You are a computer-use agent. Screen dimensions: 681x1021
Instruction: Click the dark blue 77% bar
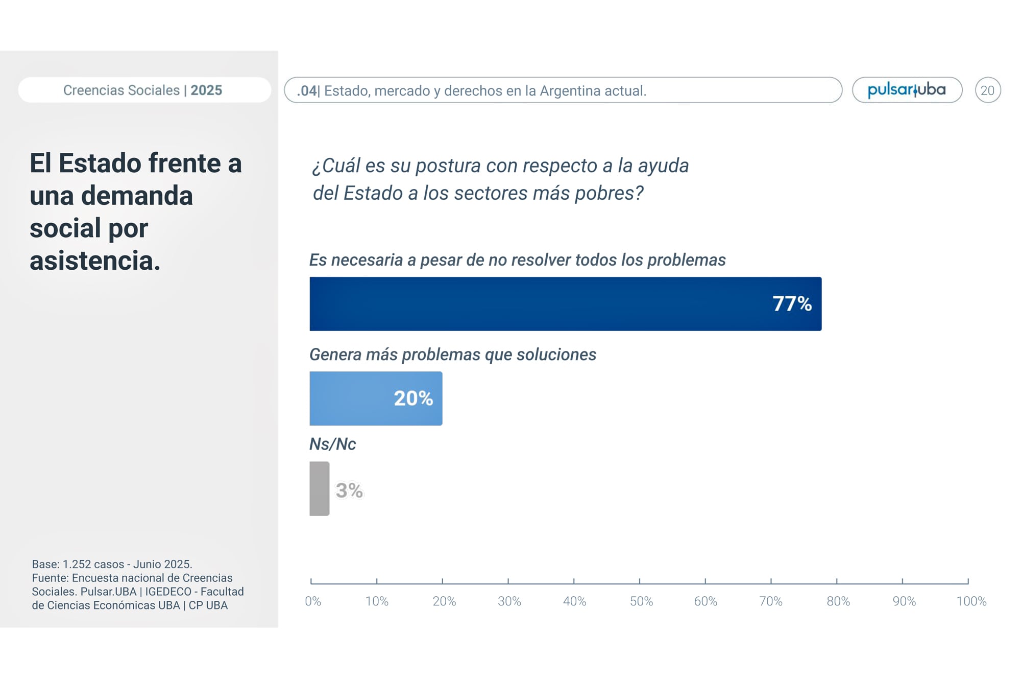pos(536,304)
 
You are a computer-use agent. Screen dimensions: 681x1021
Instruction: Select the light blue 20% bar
pos(357,398)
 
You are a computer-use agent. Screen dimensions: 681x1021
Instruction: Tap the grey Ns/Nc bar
pos(320,488)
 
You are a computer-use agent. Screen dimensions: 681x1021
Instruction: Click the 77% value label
pos(792,304)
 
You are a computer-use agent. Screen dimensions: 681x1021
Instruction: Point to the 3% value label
pos(349,490)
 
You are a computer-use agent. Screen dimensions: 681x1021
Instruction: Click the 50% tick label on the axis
pos(641,601)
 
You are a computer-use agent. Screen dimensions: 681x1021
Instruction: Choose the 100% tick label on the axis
pos(971,601)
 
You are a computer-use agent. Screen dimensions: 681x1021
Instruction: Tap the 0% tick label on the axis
pos(313,601)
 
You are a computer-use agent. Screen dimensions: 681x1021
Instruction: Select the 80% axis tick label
pos(838,601)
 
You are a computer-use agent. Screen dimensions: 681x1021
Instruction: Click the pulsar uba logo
pos(907,90)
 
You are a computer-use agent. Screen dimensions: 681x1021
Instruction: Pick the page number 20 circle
pos(987,90)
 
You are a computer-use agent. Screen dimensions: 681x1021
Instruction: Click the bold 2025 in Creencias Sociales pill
pos(206,90)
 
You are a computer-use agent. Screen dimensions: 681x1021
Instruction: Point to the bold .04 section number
pos(307,91)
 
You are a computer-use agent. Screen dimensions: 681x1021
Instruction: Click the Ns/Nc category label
pos(332,444)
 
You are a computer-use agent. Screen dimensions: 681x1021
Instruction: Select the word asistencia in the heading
pos(94,261)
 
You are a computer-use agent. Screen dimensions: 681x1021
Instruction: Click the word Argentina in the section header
pos(571,91)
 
